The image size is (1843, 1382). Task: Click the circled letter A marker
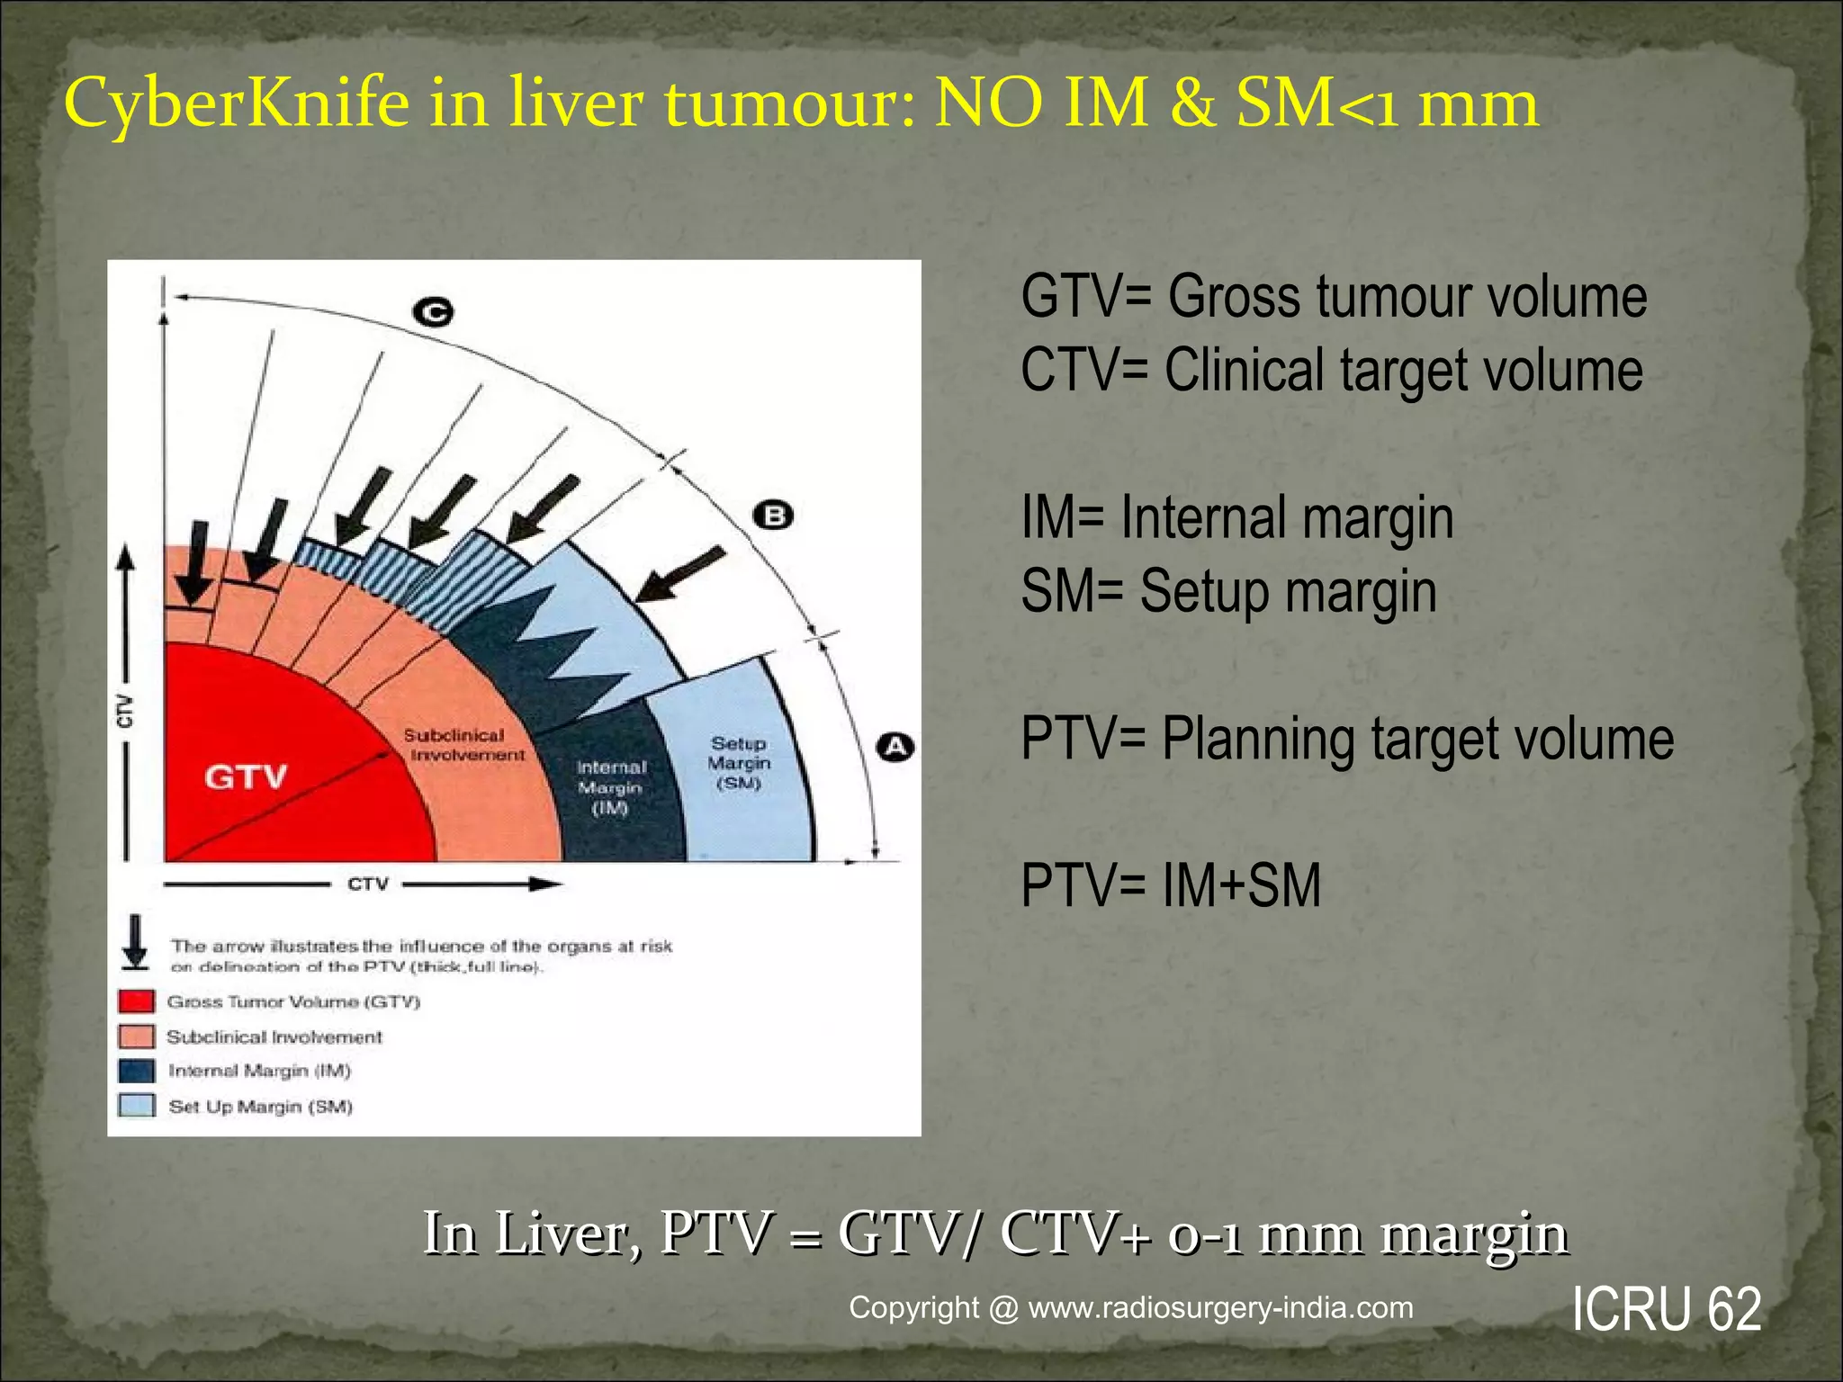tap(895, 747)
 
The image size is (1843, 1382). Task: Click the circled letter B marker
tap(774, 516)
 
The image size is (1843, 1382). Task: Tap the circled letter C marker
tap(434, 312)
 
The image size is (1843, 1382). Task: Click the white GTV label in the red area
tap(245, 776)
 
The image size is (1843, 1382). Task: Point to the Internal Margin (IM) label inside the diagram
tap(611, 787)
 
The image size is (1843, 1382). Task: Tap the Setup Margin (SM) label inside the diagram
tap(739, 763)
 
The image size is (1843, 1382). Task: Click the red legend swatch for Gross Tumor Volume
tap(136, 1001)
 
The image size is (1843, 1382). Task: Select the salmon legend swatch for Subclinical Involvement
tap(136, 1036)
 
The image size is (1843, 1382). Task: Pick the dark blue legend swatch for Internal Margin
tap(136, 1071)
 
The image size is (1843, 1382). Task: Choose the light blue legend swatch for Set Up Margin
tap(136, 1106)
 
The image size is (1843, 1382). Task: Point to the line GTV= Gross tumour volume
tap(1334, 296)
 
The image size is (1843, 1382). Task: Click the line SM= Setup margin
tap(1228, 591)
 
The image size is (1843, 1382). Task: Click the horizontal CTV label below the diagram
tap(368, 884)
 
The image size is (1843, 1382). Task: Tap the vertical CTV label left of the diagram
tap(125, 710)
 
